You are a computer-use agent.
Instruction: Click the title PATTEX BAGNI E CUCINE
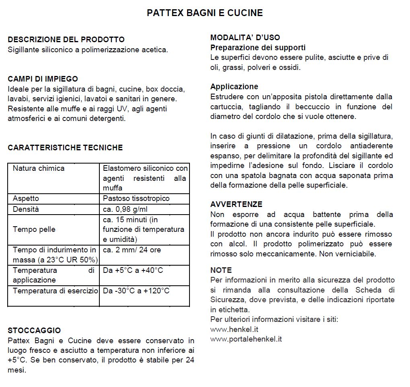coord(205,13)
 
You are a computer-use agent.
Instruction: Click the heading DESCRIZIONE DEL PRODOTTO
coord(66,40)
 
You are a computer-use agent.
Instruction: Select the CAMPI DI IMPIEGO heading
coord(43,79)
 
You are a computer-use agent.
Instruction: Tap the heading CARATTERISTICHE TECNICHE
coord(65,147)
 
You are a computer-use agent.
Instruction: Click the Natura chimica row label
coord(39,168)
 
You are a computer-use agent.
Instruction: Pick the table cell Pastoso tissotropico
coord(136,199)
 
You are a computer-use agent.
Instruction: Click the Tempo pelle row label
coord(34,229)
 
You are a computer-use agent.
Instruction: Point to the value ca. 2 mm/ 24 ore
coord(132,250)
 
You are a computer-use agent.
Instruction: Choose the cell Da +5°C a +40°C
coord(133,270)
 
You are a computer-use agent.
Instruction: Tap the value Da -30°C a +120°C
coord(136,291)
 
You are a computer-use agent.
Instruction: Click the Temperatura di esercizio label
coord(55,291)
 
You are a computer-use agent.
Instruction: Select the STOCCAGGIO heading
coord(34,330)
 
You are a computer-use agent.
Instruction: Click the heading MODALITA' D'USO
coord(245,38)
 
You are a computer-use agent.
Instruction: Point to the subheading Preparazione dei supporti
coord(258,47)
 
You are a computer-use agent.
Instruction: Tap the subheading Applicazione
coord(234,86)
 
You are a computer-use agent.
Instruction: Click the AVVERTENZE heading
coord(236,204)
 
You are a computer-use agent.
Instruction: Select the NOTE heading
coord(221,270)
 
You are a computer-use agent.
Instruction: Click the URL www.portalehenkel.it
coord(246,339)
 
